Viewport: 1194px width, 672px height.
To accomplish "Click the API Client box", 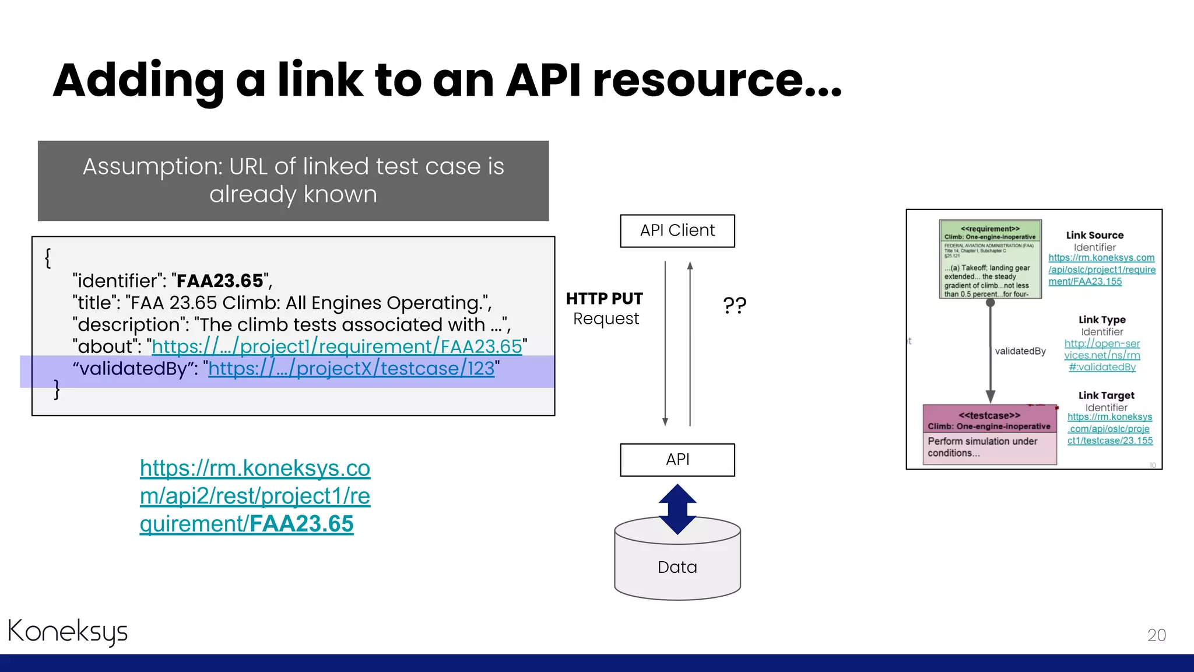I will click(x=677, y=231).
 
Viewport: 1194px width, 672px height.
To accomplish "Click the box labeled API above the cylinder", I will click(x=677, y=460).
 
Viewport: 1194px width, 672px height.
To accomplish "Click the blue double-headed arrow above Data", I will click(x=677, y=509).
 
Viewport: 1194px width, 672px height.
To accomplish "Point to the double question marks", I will click(x=734, y=305).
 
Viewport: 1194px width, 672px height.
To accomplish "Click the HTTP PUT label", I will click(x=604, y=299).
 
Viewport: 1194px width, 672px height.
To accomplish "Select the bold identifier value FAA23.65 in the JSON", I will click(x=220, y=281).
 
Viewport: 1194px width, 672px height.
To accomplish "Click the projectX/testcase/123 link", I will click(x=351, y=369).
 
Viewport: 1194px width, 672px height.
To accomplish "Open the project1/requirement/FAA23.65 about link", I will click(x=336, y=346).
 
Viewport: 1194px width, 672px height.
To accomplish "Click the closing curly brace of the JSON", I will click(x=57, y=390).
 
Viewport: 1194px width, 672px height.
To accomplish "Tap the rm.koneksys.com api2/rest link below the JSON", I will click(x=255, y=496).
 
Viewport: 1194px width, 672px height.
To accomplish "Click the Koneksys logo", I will click(x=68, y=632).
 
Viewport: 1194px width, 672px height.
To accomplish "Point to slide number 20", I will click(x=1156, y=635).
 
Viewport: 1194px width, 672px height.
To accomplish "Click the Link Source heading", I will click(x=1094, y=235).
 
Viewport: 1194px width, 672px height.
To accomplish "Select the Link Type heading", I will click(x=1101, y=320).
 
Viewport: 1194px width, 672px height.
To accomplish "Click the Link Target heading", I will click(x=1106, y=395).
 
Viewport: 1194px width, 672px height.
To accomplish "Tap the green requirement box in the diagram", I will click(x=989, y=260).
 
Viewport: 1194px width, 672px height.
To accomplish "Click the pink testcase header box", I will click(x=989, y=419).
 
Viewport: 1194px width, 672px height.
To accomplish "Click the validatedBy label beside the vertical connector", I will click(x=1020, y=351).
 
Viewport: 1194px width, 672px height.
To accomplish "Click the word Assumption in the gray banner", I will click(x=150, y=167).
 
